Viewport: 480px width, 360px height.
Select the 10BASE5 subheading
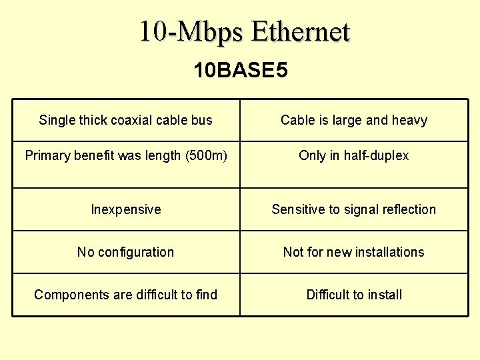click(x=241, y=70)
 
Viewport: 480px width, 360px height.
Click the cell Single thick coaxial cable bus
click(x=125, y=120)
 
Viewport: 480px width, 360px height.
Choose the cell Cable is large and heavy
click(x=353, y=120)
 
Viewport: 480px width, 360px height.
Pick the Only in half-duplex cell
click(x=353, y=155)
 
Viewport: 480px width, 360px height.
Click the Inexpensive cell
click(x=125, y=209)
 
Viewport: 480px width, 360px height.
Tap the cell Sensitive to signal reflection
click(x=353, y=209)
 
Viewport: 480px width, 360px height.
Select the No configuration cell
click(x=125, y=252)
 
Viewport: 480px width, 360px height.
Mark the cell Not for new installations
click(x=353, y=252)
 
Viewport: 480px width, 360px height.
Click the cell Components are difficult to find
click(x=125, y=295)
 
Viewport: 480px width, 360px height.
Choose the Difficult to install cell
click(x=353, y=295)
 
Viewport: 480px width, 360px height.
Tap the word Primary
click(x=47, y=156)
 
